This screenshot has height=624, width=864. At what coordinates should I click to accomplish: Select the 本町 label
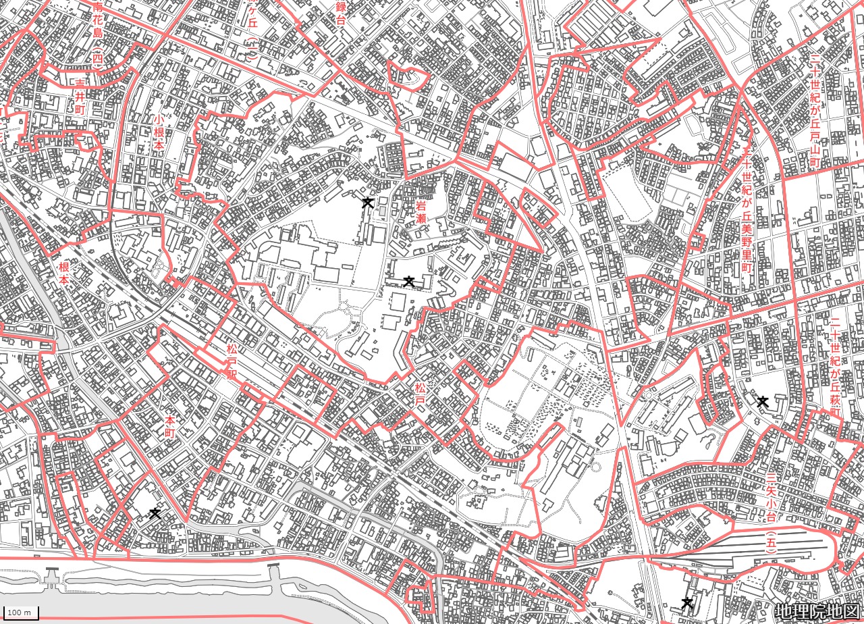point(169,427)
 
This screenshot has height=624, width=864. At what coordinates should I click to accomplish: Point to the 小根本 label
point(159,132)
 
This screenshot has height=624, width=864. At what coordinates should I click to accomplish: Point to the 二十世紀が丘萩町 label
point(835,368)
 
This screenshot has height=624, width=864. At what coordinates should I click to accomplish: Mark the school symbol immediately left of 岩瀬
point(367,202)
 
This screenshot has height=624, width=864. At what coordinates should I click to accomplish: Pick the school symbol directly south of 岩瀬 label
point(408,280)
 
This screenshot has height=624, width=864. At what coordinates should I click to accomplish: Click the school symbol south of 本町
point(155,513)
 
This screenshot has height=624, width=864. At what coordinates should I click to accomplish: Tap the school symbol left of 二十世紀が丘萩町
point(763,401)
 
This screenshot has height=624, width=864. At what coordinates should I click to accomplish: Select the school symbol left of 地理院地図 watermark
point(687,602)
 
